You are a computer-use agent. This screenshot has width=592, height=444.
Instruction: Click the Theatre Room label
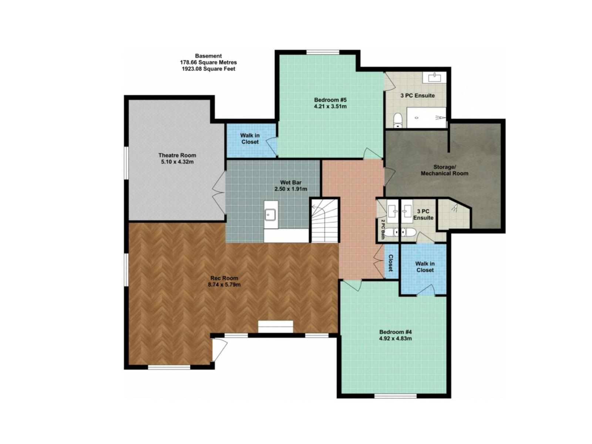177,155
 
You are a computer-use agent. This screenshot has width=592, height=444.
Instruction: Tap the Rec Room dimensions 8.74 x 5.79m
224,285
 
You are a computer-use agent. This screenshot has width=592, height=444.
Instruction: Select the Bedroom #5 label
330,100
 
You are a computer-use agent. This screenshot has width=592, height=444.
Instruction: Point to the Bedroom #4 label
396,332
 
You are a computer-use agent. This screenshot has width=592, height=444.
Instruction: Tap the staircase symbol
324,221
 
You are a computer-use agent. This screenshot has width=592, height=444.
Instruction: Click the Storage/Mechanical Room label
444,170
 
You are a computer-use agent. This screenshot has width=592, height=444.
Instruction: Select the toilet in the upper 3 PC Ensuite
398,120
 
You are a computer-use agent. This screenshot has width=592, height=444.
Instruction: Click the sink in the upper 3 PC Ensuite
434,77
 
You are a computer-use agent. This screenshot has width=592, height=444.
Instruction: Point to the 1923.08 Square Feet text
208,69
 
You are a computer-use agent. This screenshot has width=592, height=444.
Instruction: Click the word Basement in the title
208,56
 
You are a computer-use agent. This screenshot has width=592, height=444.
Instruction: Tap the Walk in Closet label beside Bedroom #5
250,139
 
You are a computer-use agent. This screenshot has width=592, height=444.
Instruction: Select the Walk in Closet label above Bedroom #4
425,267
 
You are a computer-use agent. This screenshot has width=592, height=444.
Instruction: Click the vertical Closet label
391,262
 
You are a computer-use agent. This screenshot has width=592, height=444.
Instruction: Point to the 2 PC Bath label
383,229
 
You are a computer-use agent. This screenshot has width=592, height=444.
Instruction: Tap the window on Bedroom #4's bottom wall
395,396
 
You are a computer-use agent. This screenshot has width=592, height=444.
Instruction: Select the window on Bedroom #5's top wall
323,52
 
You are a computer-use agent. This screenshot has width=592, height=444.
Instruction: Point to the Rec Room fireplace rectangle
275,327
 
